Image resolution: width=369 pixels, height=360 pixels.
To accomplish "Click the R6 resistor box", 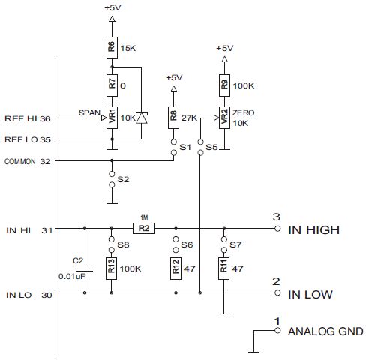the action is point(112,48).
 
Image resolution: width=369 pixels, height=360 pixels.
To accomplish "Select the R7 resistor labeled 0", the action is point(112,85).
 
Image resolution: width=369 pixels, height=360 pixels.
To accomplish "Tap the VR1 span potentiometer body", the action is point(112,118).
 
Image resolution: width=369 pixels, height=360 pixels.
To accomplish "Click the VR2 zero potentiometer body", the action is point(224,118).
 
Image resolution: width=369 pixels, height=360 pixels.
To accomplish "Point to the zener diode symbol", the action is point(142,118).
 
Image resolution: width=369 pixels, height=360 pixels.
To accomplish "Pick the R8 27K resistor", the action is point(173,118).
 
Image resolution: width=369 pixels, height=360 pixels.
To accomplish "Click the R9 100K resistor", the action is point(224,85).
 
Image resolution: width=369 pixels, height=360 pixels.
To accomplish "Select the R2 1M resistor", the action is point(143,228).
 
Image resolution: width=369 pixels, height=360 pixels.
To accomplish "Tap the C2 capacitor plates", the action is point(85,268).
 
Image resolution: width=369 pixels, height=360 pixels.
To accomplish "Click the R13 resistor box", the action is point(111,268).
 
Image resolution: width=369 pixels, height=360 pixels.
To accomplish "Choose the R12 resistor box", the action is point(175,268).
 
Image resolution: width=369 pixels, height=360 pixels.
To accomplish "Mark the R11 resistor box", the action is point(224,268).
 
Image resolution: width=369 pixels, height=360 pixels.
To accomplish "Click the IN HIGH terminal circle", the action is point(277,229).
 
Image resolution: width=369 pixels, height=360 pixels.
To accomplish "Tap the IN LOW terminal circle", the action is point(277,292).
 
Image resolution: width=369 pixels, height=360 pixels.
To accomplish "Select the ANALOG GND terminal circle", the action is point(277,331).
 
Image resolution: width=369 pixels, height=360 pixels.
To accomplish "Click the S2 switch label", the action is point(123,179).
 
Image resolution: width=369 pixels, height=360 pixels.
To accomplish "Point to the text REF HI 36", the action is point(28,118).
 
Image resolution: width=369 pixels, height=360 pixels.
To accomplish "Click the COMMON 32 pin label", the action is point(28,162).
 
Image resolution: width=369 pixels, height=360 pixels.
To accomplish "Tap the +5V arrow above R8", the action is point(174,88).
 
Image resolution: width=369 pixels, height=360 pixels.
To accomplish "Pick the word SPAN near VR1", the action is point(89,112).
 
